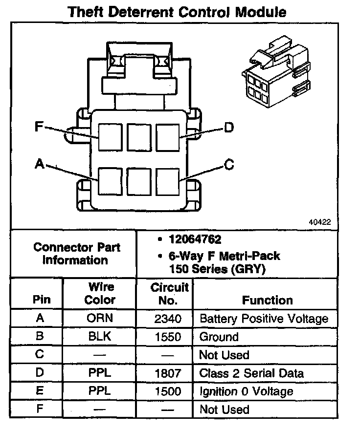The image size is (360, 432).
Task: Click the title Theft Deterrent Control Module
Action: point(177,11)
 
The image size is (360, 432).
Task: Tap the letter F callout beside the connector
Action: point(39,127)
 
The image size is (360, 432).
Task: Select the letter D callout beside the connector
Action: point(228,128)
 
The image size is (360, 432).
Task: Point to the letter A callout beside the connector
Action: point(40,165)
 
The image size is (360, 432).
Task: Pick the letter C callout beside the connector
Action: point(229,165)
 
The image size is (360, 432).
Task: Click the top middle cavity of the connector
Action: point(139,137)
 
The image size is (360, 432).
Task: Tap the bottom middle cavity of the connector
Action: point(139,181)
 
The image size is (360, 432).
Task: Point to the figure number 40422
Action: point(320,221)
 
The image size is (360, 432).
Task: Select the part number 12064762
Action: point(195,239)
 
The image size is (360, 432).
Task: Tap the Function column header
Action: point(267,300)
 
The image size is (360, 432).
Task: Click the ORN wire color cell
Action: point(100,319)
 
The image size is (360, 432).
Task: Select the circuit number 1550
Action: point(168,337)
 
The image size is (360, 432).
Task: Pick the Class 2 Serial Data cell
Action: point(251,373)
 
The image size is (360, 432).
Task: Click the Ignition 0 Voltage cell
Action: point(246,391)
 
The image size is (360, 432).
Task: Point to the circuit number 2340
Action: point(168,319)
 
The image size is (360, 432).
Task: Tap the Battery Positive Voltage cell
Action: point(264,319)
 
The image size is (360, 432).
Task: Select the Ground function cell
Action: point(219,337)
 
